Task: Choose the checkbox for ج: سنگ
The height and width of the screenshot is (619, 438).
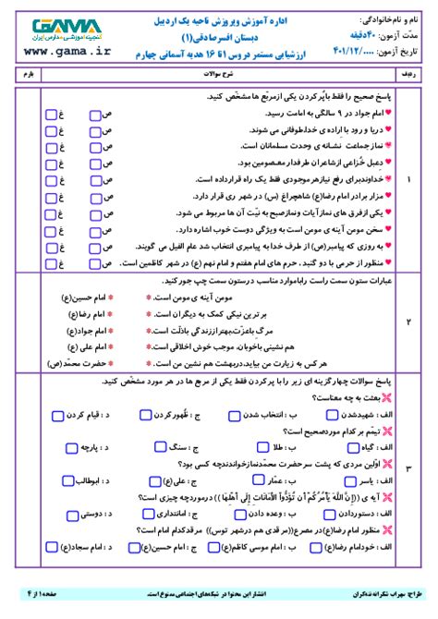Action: [152, 447]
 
